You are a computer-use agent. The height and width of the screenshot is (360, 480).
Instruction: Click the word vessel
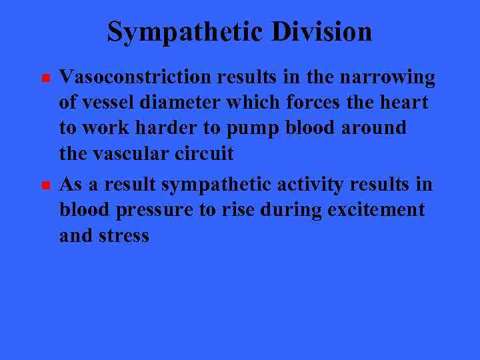point(105,103)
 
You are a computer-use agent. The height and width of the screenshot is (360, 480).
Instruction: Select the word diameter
point(179,103)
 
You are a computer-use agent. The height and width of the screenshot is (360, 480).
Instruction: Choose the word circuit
point(207,153)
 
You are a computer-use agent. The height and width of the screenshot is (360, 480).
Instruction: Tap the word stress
point(126,235)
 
